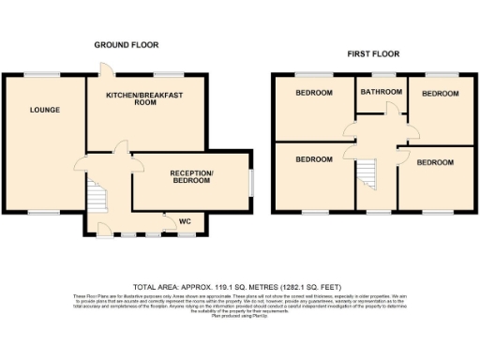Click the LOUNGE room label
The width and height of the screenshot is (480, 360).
point(44,110)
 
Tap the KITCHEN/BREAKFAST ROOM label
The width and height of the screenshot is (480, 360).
point(143,100)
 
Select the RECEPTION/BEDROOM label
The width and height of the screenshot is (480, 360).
point(191,178)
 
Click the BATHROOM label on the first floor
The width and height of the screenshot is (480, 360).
point(382,92)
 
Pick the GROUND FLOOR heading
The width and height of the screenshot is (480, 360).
point(126,44)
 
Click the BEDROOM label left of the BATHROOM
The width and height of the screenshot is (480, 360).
point(314,93)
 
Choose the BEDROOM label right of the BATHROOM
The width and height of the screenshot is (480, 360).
point(440,94)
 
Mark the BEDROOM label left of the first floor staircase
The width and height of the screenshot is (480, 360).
point(314,159)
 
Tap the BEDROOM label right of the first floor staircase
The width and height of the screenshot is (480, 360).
point(435,162)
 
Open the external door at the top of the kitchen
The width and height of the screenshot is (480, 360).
point(108,68)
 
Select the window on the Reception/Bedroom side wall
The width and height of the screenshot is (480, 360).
point(251,181)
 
